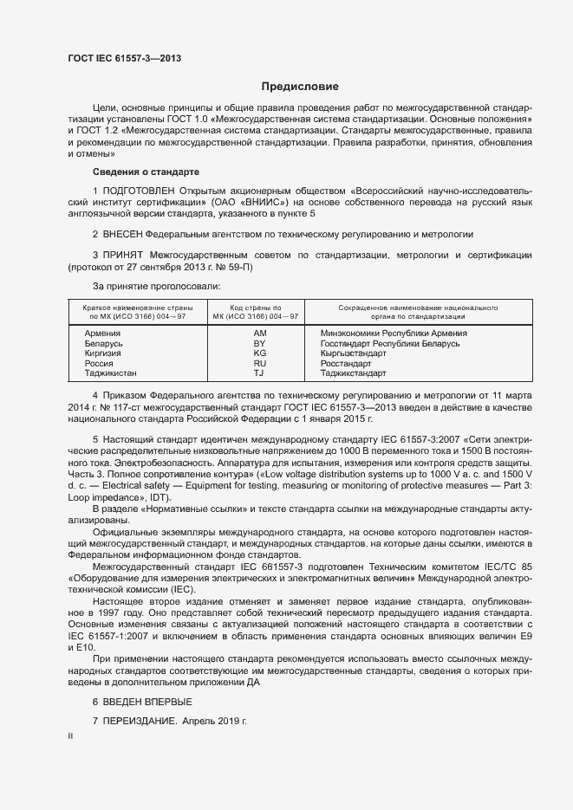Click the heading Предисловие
(x=300, y=87)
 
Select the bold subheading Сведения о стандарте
(x=146, y=172)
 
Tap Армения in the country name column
(x=102, y=333)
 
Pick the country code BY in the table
(x=259, y=343)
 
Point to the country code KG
(x=259, y=353)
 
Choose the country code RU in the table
(x=259, y=364)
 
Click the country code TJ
(x=259, y=373)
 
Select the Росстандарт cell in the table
(x=346, y=364)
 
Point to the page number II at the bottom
(x=70, y=736)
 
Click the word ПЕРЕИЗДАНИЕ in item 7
(x=140, y=721)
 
